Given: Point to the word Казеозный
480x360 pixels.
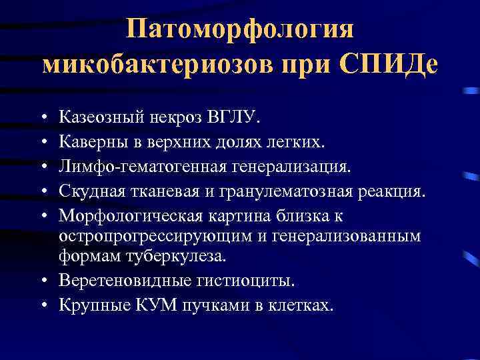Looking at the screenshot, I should pos(99,118).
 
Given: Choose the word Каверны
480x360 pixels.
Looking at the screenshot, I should pos(89,141).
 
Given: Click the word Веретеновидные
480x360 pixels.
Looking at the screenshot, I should pos(114,281).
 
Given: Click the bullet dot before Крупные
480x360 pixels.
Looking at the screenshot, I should pos(43,305).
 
